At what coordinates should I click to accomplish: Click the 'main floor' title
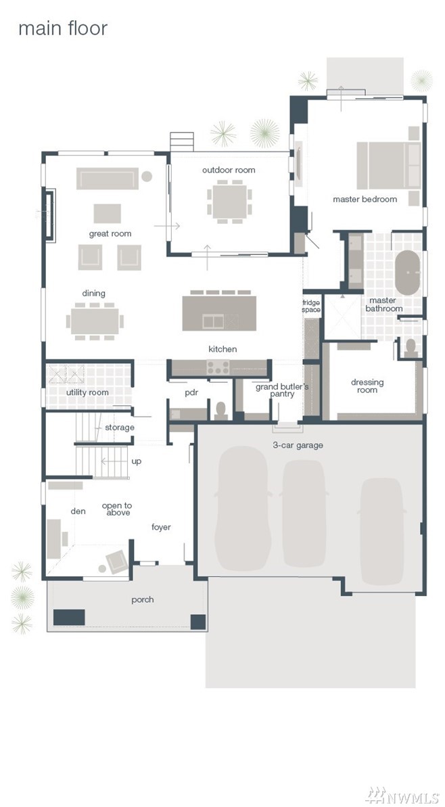63,29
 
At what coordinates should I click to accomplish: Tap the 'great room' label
110,233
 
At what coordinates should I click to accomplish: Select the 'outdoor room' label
229,170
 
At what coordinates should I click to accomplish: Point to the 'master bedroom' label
365,199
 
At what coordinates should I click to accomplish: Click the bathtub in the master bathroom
407,273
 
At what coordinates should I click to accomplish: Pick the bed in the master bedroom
389,166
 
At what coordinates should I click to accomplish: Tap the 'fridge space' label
311,306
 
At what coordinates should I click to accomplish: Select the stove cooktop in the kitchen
218,367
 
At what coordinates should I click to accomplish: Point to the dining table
95,321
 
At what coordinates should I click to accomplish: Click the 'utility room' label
87,392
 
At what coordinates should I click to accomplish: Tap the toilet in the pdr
221,410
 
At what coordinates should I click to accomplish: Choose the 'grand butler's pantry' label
282,390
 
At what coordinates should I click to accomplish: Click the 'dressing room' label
367,386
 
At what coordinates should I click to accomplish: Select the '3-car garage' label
298,445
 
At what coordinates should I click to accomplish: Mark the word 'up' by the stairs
137,461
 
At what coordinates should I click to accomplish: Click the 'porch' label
143,599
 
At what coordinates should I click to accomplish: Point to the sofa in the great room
108,179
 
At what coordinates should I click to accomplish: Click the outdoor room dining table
230,201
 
